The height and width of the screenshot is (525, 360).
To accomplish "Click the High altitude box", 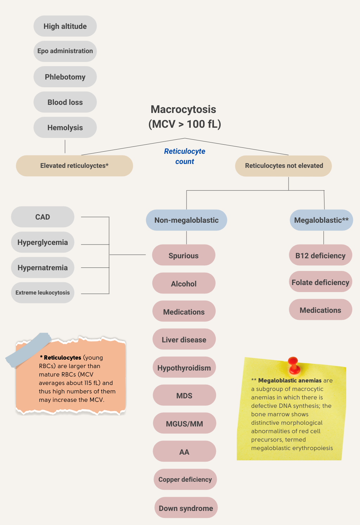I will (65, 26).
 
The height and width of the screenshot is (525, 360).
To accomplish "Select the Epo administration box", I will (65, 51).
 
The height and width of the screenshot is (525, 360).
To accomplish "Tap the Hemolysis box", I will (65, 127).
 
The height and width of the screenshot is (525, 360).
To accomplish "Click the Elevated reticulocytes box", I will (74, 166).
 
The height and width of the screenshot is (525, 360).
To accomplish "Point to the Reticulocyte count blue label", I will (184, 156).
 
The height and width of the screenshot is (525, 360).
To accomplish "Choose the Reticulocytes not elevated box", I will (284, 166).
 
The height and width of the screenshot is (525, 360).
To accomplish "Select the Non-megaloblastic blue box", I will (186, 220).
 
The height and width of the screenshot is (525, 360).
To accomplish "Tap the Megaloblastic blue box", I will (321, 220).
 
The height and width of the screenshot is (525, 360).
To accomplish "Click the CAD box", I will (43, 217).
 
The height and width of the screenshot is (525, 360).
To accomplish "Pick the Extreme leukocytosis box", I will (43, 293).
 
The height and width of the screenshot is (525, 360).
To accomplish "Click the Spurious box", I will (183, 255).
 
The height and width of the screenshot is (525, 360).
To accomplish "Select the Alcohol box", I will (183, 284).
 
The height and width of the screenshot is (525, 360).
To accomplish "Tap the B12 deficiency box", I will (320, 255).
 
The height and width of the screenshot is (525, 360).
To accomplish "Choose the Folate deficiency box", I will (320, 282).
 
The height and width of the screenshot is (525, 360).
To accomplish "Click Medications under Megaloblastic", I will (320, 310).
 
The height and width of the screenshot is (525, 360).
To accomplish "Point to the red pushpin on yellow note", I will (293, 365).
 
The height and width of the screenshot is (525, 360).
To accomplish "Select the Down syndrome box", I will (186, 508).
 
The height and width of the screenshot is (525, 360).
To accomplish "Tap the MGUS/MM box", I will (184, 424).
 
